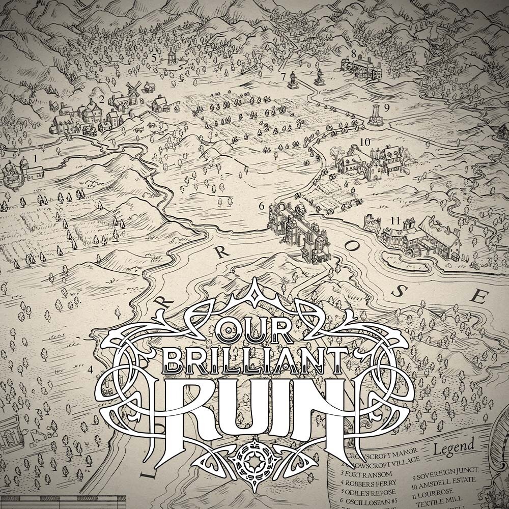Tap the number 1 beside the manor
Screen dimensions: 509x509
point(35,159)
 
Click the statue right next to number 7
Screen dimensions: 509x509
point(294,78)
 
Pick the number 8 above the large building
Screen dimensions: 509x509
point(353,53)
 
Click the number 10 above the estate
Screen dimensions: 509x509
point(364,142)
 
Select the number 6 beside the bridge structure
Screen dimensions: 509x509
point(262,206)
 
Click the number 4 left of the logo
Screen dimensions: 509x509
point(91,370)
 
